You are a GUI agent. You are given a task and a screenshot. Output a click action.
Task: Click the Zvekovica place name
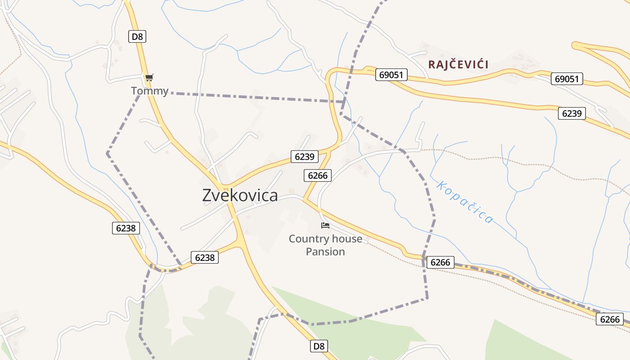[240, 196]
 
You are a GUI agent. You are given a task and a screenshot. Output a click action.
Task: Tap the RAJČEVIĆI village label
[458, 64]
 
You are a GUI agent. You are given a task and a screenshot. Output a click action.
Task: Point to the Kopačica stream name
[465, 202]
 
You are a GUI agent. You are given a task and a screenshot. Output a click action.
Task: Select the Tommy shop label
[149, 91]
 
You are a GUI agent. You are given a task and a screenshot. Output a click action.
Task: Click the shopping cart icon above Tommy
[149, 77]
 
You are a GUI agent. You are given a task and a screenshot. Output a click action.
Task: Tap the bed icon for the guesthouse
[325, 225]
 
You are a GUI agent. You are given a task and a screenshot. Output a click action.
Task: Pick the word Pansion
[325, 252]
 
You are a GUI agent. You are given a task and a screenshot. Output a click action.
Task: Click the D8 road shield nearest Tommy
[137, 36]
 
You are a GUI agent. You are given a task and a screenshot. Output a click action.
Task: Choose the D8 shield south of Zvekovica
[319, 346]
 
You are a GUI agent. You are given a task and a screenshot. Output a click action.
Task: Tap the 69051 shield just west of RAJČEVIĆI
[391, 75]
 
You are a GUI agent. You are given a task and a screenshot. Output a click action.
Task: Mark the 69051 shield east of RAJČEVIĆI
[567, 79]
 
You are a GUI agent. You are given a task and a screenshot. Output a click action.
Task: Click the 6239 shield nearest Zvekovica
[305, 157]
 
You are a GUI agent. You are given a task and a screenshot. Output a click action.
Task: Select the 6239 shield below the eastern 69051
[571, 113]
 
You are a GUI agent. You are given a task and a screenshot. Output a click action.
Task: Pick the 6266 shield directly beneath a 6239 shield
[317, 175]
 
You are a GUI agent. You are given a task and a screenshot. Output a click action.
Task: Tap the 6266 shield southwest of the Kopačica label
[440, 262]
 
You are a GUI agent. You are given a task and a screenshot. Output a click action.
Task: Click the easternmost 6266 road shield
[610, 319]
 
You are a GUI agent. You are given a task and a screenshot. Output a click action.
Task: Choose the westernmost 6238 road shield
[126, 228]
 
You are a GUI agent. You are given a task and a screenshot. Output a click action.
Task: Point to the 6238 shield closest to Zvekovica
[204, 257]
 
